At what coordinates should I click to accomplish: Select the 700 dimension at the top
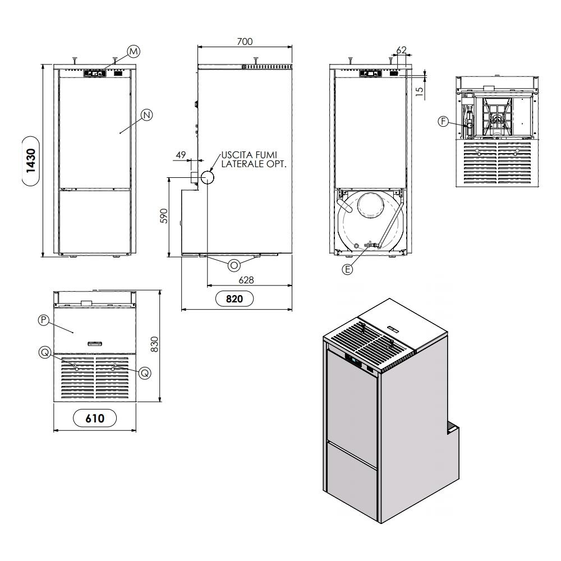pos(245,42)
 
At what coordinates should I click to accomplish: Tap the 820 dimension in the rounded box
pos(234,299)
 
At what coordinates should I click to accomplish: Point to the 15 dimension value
pos(419,91)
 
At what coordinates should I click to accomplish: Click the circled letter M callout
pos(134,52)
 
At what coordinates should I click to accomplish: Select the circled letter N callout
pos(147,115)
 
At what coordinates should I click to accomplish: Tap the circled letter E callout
pos(347,269)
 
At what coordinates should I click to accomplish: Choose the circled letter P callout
pos(44,320)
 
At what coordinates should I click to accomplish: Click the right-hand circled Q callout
pos(145,373)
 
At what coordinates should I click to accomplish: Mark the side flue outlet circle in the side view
pos(207,177)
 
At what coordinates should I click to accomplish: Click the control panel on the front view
pos(94,73)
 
